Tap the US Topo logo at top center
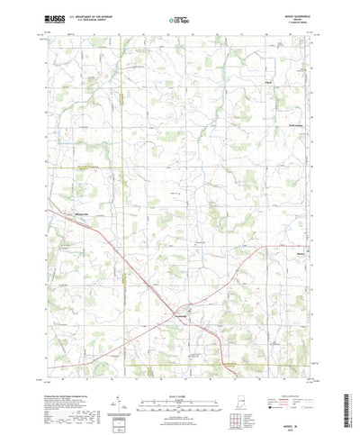(179, 16)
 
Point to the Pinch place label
(268, 88)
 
